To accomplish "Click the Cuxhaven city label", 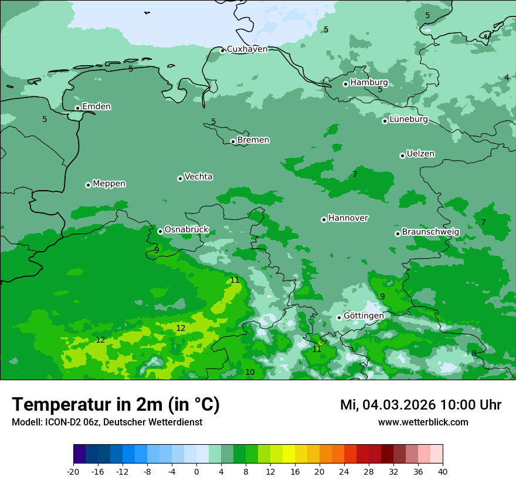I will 247,49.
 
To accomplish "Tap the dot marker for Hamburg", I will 346,84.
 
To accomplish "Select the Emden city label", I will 96,107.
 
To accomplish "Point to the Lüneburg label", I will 408,119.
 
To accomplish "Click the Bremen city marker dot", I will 233,141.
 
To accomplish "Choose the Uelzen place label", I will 420,154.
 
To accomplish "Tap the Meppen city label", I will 109,184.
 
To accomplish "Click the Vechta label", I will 198,177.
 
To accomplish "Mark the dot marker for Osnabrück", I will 160,231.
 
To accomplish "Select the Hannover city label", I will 348,218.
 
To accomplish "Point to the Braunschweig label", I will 430,232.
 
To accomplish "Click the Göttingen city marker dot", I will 339,317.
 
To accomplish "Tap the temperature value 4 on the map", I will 507,77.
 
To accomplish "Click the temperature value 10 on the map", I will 250,372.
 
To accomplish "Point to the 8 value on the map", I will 474,353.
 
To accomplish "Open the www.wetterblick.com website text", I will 423,422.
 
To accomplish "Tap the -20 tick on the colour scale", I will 73,471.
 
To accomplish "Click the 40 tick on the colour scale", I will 443,471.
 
